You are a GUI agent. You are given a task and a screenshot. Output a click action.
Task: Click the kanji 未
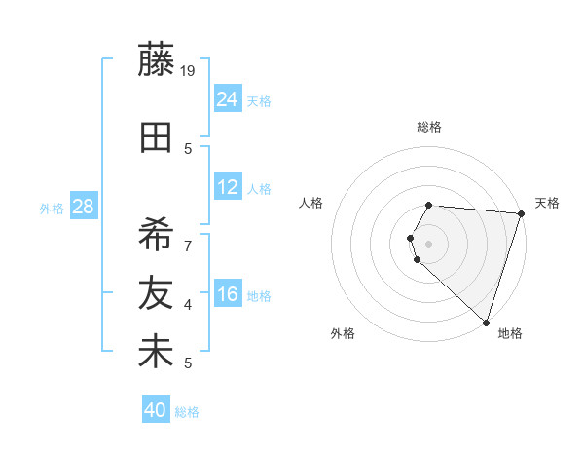point(156,353)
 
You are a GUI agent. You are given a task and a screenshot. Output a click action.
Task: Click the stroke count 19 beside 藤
point(188,69)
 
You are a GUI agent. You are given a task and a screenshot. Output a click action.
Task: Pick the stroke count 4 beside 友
point(188,305)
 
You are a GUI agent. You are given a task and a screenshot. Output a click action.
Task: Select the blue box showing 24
point(228,98)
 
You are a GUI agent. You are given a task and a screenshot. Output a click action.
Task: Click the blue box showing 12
point(228,187)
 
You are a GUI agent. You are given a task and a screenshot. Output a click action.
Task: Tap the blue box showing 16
point(228,294)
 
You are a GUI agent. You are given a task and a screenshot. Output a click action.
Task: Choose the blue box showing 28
point(83,207)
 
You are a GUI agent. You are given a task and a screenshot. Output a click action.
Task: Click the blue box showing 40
point(156,410)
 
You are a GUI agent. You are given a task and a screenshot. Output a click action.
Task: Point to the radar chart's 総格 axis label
point(428,127)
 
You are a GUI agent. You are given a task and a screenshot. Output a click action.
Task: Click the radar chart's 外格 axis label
point(343,334)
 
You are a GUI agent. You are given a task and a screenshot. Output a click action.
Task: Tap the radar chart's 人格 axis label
point(312,203)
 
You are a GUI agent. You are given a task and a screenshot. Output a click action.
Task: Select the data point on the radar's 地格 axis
point(486,322)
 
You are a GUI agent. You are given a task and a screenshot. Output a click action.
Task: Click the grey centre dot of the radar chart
point(428,243)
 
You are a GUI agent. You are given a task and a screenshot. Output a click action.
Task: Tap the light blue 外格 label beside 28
point(52,208)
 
